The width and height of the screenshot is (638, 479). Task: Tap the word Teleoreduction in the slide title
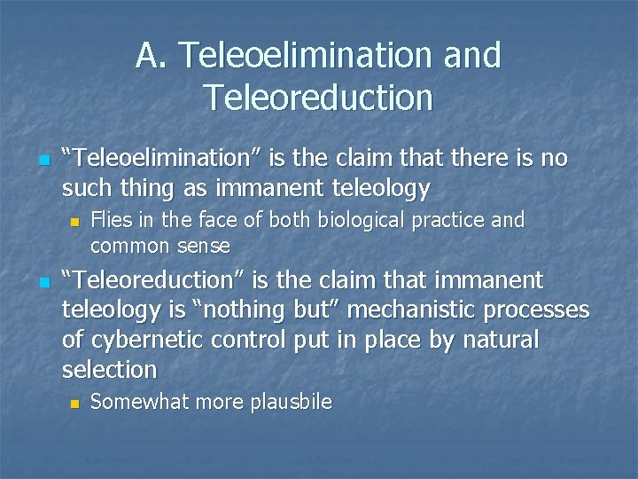(318, 97)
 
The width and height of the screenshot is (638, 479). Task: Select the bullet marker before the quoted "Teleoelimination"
(19, 161)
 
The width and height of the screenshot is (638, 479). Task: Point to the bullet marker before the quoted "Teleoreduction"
(19, 283)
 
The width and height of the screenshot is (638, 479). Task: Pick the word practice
(440, 219)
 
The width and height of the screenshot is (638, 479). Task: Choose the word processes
(541, 310)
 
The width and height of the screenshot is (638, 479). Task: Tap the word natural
(494, 340)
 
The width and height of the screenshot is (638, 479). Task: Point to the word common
(127, 245)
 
